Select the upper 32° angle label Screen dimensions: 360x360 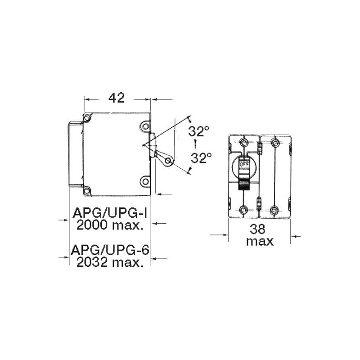(199, 131)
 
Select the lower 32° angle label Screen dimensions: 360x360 (199, 157)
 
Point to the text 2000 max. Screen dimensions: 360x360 (110, 225)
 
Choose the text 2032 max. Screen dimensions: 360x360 (110, 262)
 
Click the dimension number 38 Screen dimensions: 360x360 (260, 229)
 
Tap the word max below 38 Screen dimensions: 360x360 (260, 242)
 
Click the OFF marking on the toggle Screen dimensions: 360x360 (244, 164)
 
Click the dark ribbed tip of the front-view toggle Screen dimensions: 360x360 (244, 183)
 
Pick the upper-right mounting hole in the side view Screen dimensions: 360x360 (145, 126)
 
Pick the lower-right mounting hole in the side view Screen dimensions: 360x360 (145, 181)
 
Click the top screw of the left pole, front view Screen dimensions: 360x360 (244, 143)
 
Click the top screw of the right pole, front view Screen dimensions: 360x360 (274, 143)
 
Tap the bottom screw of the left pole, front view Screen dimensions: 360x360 (244, 210)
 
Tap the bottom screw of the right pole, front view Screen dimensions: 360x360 (274, 210)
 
